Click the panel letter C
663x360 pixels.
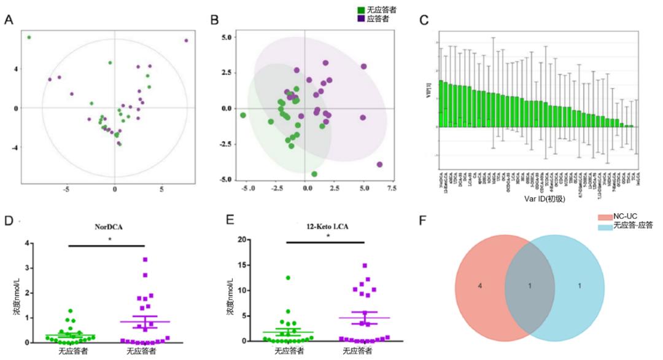pos(424,20)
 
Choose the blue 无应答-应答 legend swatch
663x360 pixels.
pos(604,225)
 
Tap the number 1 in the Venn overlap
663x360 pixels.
pos(531,286)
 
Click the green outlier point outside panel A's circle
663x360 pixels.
pos(29,37)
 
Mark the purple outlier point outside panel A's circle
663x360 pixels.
pos(186,41)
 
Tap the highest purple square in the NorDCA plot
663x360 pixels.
pos(145,260)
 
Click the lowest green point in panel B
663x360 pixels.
pos(314,174)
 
